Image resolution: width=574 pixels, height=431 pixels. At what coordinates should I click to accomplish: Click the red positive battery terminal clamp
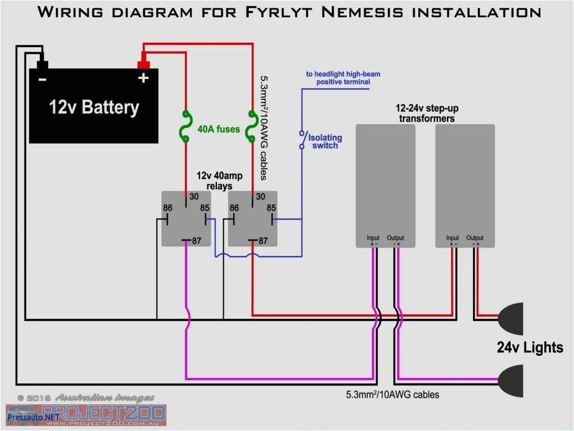(143, 58)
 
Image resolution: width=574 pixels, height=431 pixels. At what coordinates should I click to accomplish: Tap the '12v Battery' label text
(94, 107)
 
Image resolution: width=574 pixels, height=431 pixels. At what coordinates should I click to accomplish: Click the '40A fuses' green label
(219, 129)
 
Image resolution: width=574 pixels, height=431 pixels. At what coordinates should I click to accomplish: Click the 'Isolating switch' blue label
(325, 141)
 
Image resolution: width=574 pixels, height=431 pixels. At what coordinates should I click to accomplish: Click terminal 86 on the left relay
(167, 208)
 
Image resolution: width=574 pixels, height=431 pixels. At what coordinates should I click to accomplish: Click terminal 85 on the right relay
(271, 208)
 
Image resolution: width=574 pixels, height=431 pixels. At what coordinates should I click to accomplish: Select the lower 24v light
(511, 380)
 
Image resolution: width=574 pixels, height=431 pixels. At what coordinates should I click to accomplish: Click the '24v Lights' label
(530, 347)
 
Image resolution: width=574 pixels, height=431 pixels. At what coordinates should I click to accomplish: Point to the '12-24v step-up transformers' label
(427, 113)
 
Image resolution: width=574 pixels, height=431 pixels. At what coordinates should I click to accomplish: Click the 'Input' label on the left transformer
(373, 238)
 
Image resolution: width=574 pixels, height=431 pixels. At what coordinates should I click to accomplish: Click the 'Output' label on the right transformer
(475, 238)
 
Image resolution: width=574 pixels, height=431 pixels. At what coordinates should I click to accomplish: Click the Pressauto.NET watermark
(33, 417)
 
